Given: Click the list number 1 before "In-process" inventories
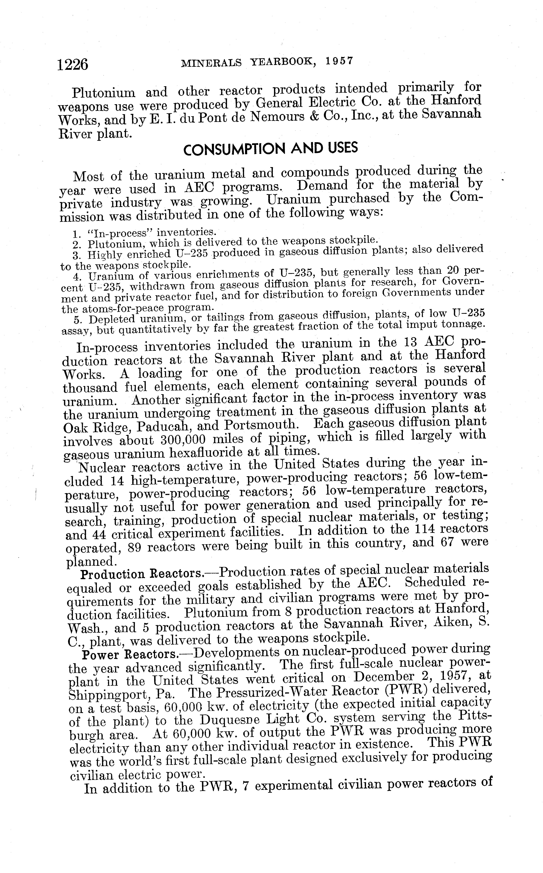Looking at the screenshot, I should point(75,235).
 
